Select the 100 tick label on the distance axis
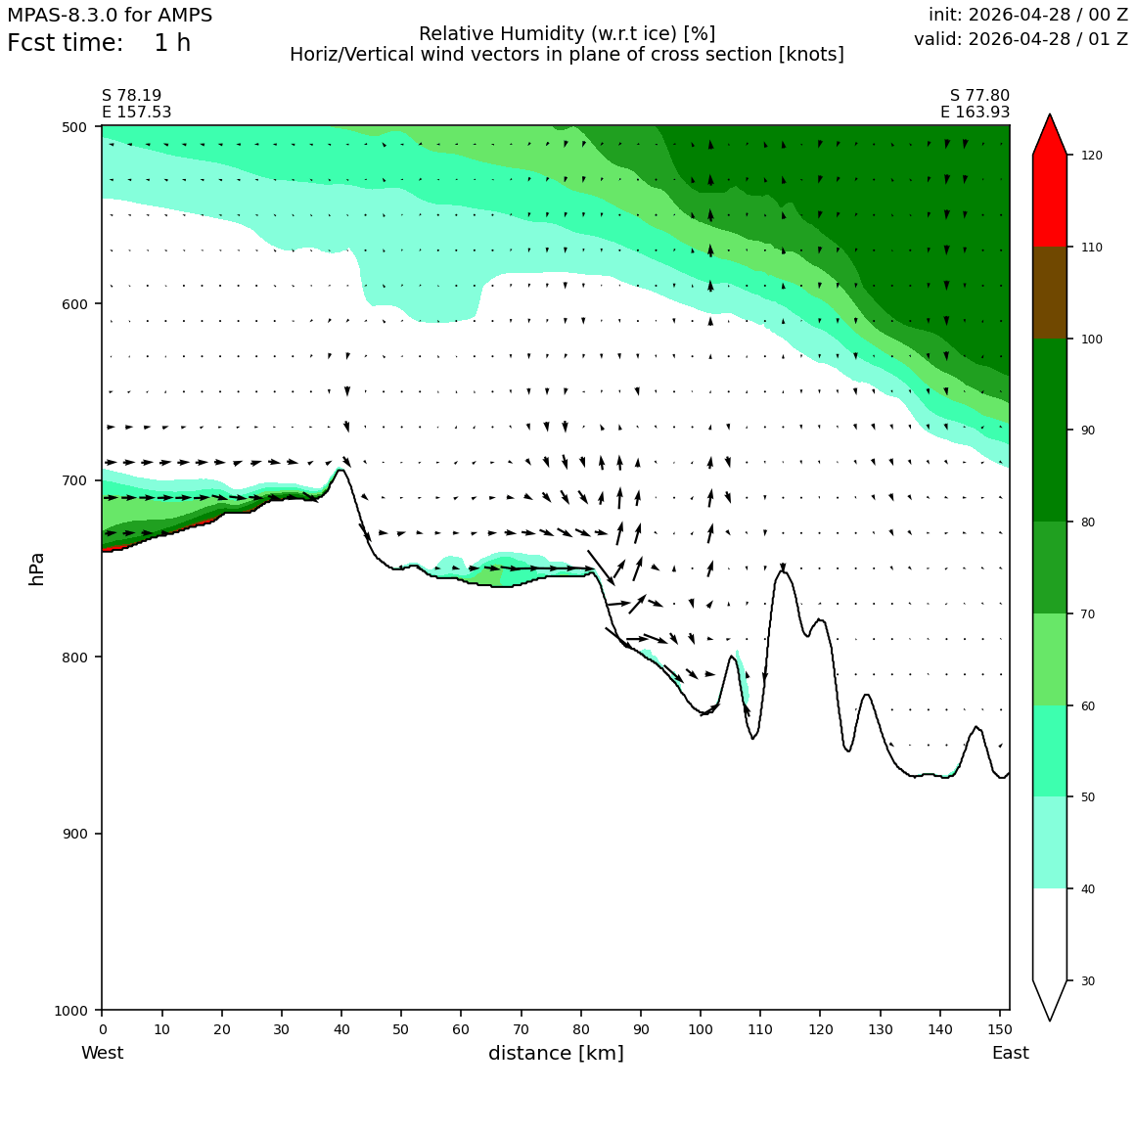coord(700,1029)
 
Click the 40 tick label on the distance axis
coord(341,1029)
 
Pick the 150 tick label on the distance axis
coord(999,1029)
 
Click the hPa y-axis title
coord(37,568)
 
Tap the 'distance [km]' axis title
coord(556,1053)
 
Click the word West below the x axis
coord(102,1053)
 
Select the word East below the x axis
coord(1011,1053)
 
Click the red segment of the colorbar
coord(1050,201)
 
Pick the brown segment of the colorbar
coord(1050,293)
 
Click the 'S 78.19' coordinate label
coord(132,96)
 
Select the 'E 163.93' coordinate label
coord(976,112)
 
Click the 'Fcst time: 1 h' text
coord(99,43)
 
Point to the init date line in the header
coord(1028,15)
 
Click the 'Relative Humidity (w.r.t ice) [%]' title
coord(567,34)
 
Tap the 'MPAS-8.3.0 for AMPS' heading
coord(110,15)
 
